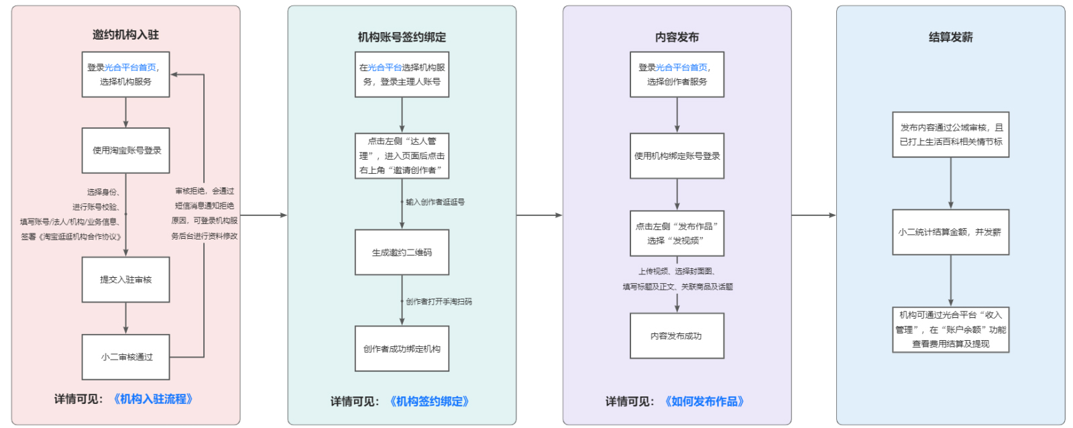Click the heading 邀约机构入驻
coord(125,35)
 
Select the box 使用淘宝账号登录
coord(125,150)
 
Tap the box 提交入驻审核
coord(125,280)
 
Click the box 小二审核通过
coord(125,357)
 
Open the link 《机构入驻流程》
coord(153,399)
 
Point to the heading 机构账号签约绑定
coord(402,38)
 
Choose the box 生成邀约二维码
coord(402,252)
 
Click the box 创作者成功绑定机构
coord(402,349)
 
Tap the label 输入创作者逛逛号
coord(435,202)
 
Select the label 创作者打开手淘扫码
coord(439,302)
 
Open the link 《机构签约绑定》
coord(429,401)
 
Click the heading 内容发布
coord(677,38)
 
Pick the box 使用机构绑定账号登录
coord(677,156)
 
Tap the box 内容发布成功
coord(677,335)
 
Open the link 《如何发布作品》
coord(704,401)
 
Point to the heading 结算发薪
coord(950,38)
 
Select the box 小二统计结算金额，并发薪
coord(950,232)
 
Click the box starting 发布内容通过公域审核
coord(950,135)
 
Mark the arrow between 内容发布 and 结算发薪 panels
coord(813,215)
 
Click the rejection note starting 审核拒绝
coord(205,213)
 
